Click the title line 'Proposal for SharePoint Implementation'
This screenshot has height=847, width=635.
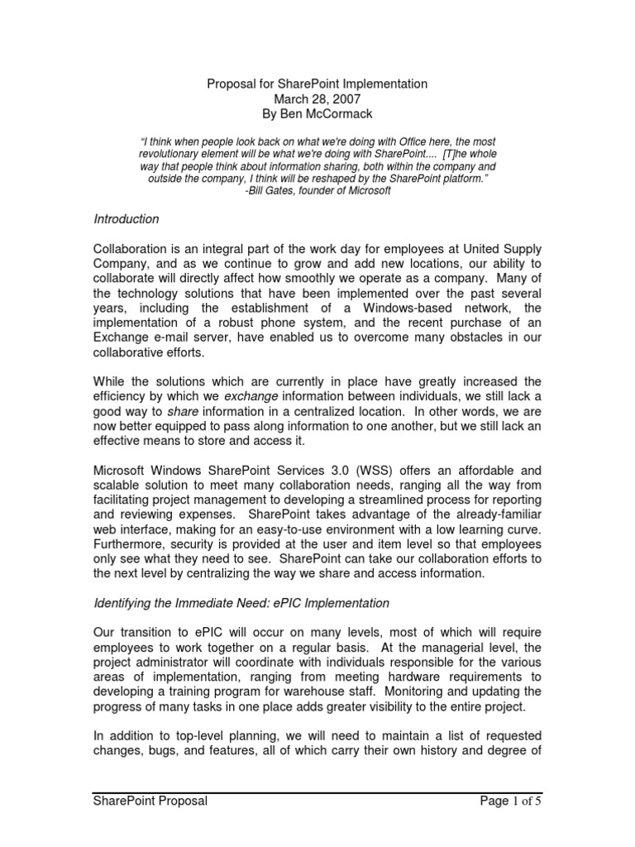coord(317,84)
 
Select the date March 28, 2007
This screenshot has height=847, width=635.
coord(317,98)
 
